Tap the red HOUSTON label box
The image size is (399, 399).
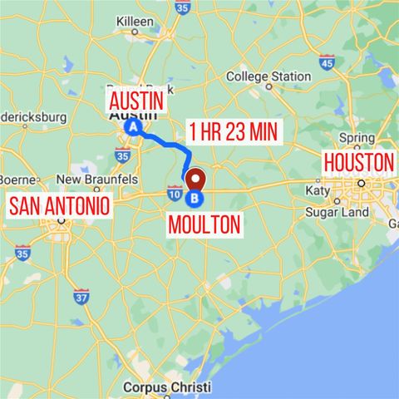point(358,161)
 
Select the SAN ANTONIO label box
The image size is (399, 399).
point(59,204)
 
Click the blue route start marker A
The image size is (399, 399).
point(133,126)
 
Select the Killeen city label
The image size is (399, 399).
point(136,20)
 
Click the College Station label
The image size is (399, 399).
point(268,76)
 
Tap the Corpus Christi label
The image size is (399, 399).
point(166,387)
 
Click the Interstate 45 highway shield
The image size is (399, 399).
point(327,62)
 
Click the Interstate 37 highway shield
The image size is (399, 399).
point(81,297)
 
